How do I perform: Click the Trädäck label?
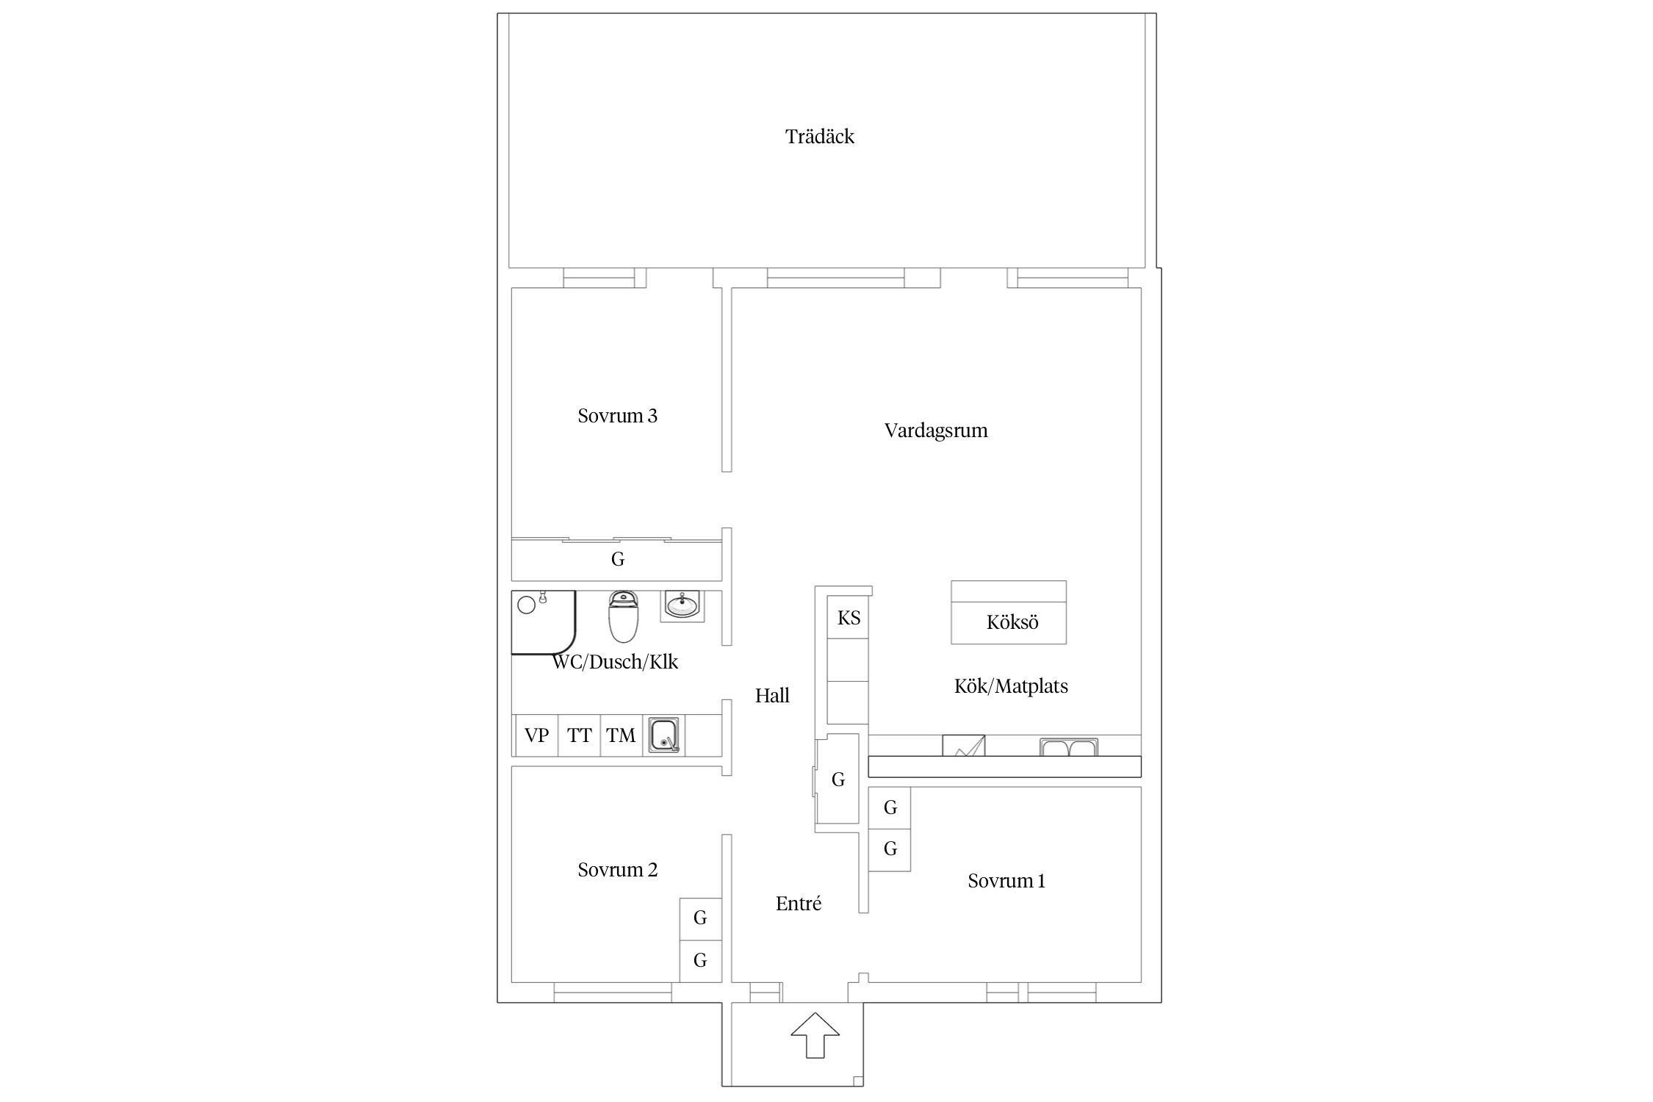tap(819, 137)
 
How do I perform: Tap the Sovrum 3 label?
tap(617, 416)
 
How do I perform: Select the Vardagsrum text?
tap(936, 431)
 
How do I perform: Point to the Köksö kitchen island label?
tap(1012, 622)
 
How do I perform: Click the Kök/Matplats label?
tap(1011, 686)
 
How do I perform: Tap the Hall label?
tap(772, 695)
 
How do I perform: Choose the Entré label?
tap(799, 903)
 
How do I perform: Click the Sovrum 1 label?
tap(1006, 881)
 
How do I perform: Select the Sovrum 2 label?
tap(617, 870)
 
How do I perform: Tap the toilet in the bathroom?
tap(624, 616)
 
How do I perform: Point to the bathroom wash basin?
tap(683, 606)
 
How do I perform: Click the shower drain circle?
tap(526, 605)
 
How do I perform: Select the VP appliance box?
tap(536, 735)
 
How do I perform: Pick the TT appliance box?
tap(579, 735)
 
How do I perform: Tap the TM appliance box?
tap(622, 735)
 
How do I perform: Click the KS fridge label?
tap(849, 618)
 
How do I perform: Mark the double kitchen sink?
tap(1069, 747)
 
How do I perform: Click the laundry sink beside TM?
tap(664, 735)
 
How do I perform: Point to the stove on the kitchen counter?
tap(964, 745)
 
